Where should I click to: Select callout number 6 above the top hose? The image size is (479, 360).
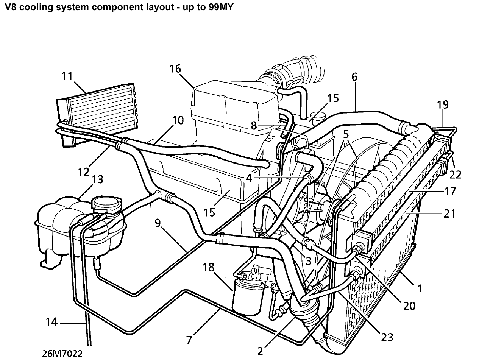pyautogui.click(x=354, y=77)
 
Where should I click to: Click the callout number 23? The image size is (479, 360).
pyautogui.click(x=387, y=337)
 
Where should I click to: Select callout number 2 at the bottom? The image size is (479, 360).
pyautogui.click(x=260, y=351)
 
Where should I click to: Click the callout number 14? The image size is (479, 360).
pyautogui.click(x=51, y=322)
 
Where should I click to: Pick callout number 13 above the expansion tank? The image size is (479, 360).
pyautogui.click(x=97, y=179)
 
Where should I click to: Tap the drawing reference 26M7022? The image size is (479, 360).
pyautogui.click(x=62, y=353)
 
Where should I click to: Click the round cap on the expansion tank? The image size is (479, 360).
pyautogui.click(x=106, y=204)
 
